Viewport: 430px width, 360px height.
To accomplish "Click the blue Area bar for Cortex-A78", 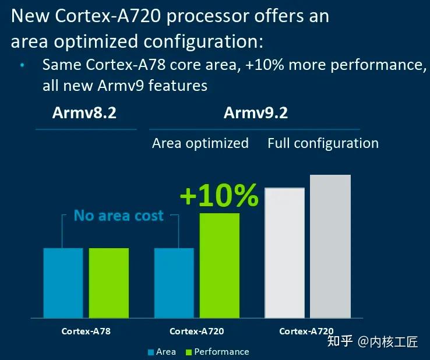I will click(x=63, y=283).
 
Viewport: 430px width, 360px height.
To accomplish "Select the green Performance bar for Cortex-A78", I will click(x=109, y=283).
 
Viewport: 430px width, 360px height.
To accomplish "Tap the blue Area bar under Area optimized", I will click(x=174, y=283).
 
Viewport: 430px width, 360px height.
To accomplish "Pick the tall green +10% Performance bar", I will click(x=220, y=265).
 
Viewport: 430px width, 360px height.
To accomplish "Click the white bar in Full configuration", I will click(x=285, y=253).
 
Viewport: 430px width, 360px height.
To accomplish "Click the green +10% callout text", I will click(x=219, y=195).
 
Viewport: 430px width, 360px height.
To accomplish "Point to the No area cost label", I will click(x=119, y=216).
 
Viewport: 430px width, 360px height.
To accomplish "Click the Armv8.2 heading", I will click(x=84, y=113).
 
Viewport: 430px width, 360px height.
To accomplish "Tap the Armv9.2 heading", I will click(x=255, y=113).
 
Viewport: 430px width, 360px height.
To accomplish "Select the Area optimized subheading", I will click(x=200, y=143).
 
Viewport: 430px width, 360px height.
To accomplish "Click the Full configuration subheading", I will click(x=323, y=143).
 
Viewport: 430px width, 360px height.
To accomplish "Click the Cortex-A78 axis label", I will click(x=86, y=331).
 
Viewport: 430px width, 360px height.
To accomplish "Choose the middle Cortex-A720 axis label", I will click(x=197, y=331).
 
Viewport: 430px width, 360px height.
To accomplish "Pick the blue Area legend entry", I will click(x=163, y=352).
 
